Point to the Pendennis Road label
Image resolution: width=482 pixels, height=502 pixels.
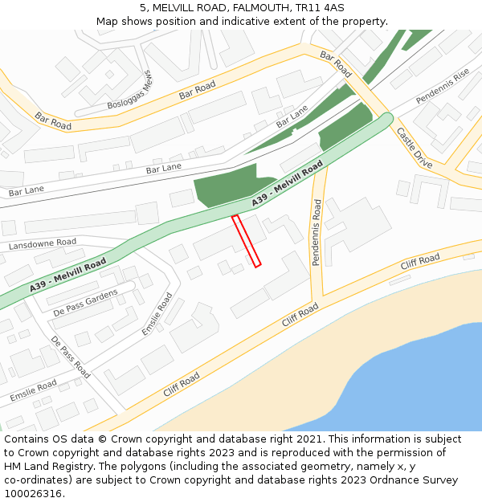[x=317, y=232]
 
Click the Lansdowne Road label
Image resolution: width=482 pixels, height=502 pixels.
[x=43, y=243]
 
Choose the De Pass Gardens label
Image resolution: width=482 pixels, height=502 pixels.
[x=85, y=304]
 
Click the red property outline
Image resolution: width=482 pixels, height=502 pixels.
[x=247, y=240]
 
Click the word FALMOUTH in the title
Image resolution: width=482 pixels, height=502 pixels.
[x=247, y=8]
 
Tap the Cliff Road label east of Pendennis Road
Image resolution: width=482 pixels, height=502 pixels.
[x=420, y=261]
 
